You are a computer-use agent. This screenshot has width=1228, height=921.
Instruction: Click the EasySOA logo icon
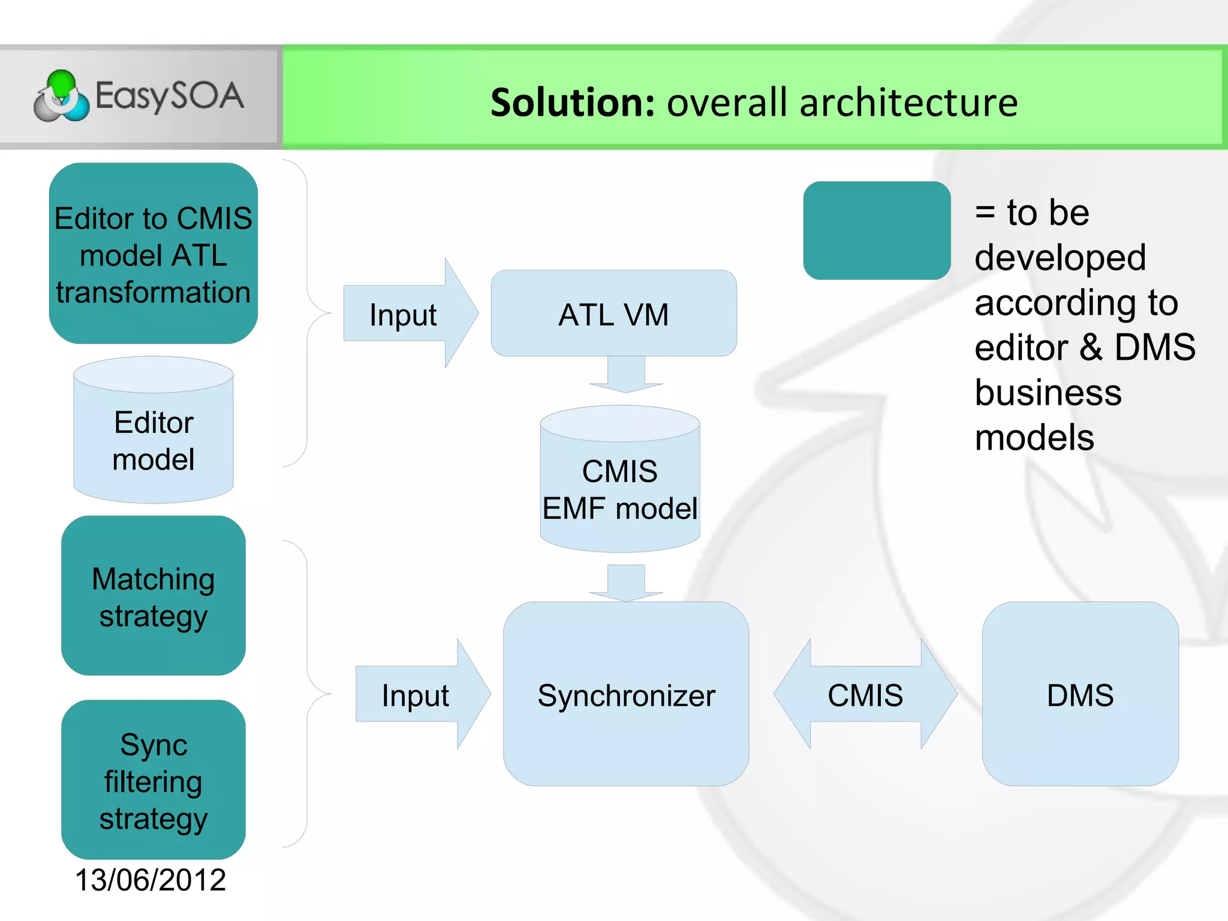(61, 96)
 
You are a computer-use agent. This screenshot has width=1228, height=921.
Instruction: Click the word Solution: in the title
(573, 103)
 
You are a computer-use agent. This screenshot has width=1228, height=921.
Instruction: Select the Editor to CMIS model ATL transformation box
(153, 254)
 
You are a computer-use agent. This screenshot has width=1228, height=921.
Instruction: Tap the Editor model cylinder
(153, 441)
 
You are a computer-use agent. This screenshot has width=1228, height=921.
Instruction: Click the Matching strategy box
(153, 596)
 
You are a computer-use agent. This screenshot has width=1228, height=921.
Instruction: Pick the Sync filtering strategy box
(153, 780)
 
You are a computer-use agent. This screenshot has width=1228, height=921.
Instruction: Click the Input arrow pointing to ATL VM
(408, 314)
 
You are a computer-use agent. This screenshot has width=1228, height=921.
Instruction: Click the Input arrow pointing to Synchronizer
(420, 695)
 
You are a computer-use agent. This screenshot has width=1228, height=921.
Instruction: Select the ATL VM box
(613, 314)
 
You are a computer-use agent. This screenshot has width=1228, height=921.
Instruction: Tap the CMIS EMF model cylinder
(619, 489)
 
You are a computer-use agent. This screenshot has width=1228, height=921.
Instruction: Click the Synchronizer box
(626, 694)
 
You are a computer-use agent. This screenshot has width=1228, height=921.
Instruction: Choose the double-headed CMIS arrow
(865, 694)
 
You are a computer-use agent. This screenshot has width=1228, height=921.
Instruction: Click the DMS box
(1080, 694)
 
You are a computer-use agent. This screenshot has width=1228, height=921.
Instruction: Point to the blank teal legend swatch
(877, 231)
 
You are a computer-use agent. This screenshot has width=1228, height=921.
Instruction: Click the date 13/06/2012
(150, 880)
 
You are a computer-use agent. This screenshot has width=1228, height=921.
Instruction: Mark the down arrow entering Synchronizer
(626, 582)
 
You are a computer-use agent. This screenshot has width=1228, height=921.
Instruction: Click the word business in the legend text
(1048, 393)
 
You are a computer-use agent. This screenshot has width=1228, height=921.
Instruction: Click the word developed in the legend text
(1060, 258)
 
